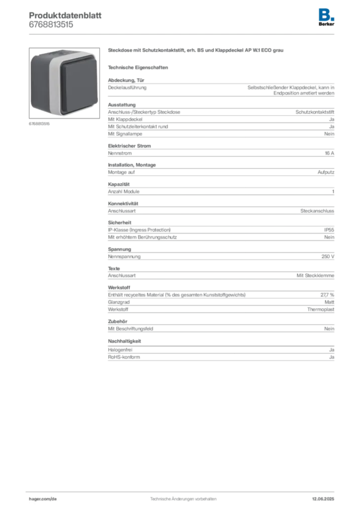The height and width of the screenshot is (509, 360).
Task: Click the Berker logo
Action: (x=326, y=17)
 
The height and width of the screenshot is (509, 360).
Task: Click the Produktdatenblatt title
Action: (x=65, y=15)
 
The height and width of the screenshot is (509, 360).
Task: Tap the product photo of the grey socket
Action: (x=64, y=83)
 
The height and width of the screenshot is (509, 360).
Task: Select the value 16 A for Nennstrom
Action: (x=329, y=153)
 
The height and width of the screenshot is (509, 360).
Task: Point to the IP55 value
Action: (x=329, y=230)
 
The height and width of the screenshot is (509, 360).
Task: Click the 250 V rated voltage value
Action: (x=328, y=256)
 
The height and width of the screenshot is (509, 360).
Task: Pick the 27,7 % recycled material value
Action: (x=327, y=295)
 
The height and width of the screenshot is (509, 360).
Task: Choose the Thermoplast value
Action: (x=320, y=309)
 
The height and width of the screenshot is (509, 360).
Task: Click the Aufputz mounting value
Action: (x=326, y=172)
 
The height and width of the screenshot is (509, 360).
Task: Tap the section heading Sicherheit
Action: (x=119, y=223)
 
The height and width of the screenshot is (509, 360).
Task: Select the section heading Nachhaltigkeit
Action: (x=124, y=341)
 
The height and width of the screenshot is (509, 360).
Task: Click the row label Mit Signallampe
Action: (x=125, y=134)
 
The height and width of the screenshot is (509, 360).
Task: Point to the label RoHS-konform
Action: (x=124, y=357)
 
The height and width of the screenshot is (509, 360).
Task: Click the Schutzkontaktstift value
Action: (x=315, y=112)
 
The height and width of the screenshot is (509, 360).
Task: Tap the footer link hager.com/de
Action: (x=43, y=499)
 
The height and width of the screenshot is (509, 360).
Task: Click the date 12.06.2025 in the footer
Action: (x=323, y=499)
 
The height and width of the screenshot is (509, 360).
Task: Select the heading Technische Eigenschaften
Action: (x=138, y=68)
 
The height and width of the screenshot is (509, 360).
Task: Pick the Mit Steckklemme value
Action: (x=315, y=275)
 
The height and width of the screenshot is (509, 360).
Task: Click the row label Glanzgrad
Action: (x=118, y=302)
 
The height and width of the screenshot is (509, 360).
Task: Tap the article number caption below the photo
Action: (x=39, y=124)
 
